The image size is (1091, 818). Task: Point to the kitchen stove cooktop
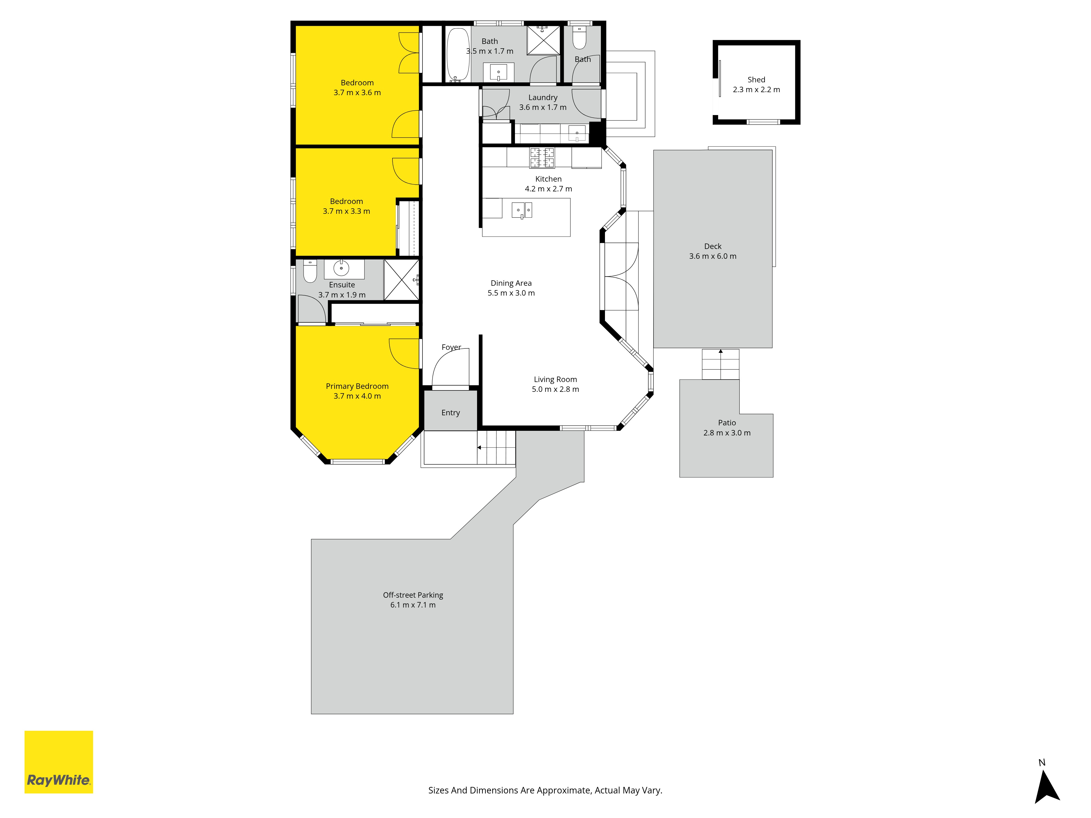542,158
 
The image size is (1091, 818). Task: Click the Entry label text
450,413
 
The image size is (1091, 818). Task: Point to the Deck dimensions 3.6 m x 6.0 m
713,256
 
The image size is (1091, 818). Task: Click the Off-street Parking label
413,595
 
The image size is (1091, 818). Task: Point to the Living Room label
555,380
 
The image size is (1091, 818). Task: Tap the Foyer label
451,347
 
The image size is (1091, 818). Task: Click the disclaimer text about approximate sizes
545,790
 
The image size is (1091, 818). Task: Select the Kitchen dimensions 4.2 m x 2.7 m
549,189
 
